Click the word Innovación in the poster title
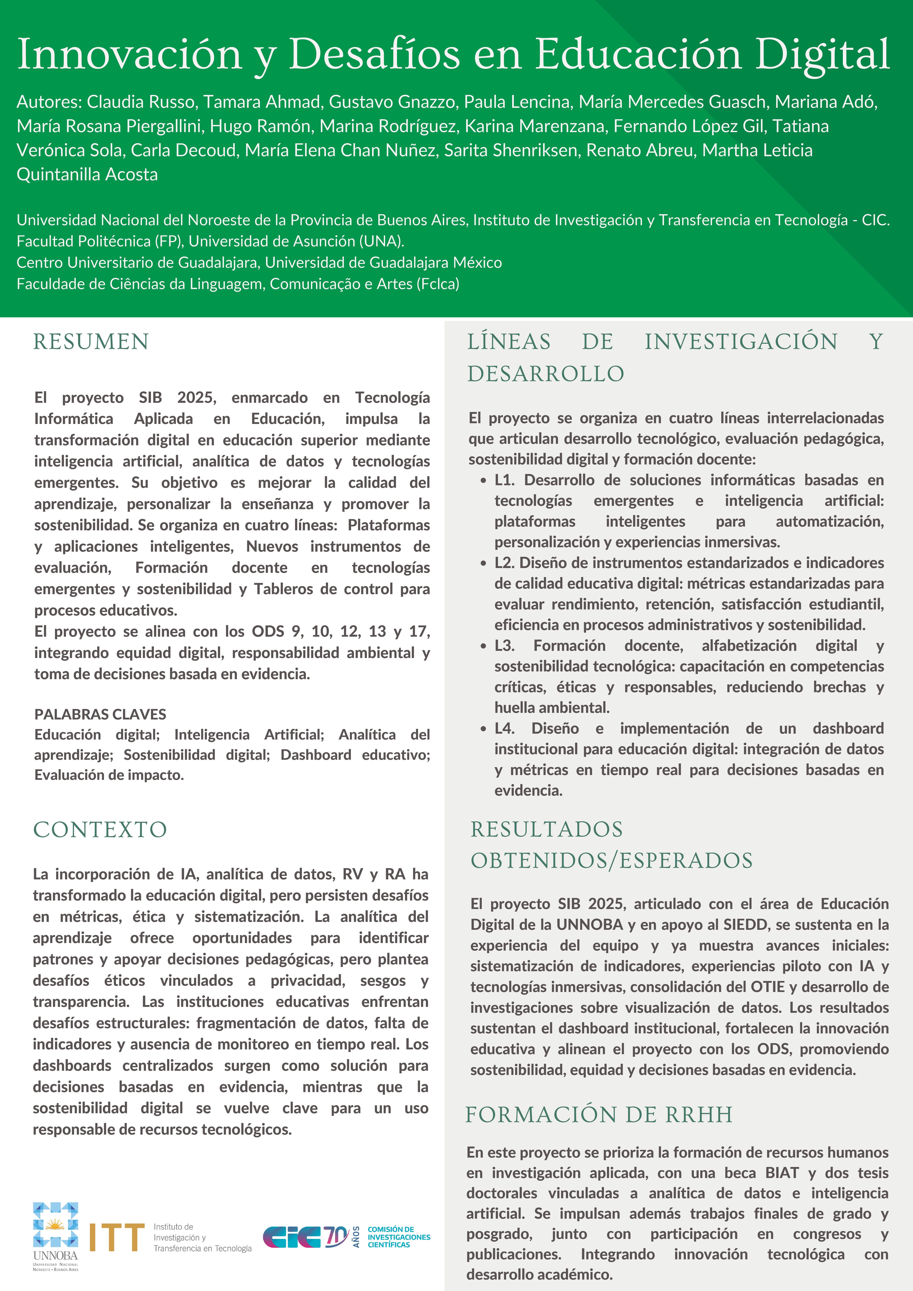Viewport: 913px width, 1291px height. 129,54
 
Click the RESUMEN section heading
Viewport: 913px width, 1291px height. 91,342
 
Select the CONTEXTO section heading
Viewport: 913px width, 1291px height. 100,829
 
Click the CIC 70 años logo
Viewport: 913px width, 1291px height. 307,1237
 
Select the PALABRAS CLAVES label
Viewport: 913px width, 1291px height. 100,714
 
